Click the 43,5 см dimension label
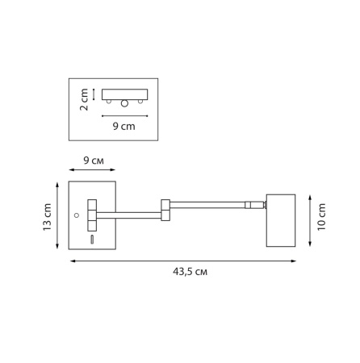pos(190,272)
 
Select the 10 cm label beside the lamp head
pos(320,219)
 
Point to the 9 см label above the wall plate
pos(93,161)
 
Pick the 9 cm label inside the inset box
pos(123,126)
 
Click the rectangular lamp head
pos(280,219)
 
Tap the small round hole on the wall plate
pos(77,215)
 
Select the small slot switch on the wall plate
pos(91,240)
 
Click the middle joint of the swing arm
pos(165,210)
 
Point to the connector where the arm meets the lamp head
pos(257,206)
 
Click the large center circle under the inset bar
pos(124,103)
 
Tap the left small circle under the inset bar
pos(108,101)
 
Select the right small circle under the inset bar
pos(140,101)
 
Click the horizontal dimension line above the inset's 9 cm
pos(123,116)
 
